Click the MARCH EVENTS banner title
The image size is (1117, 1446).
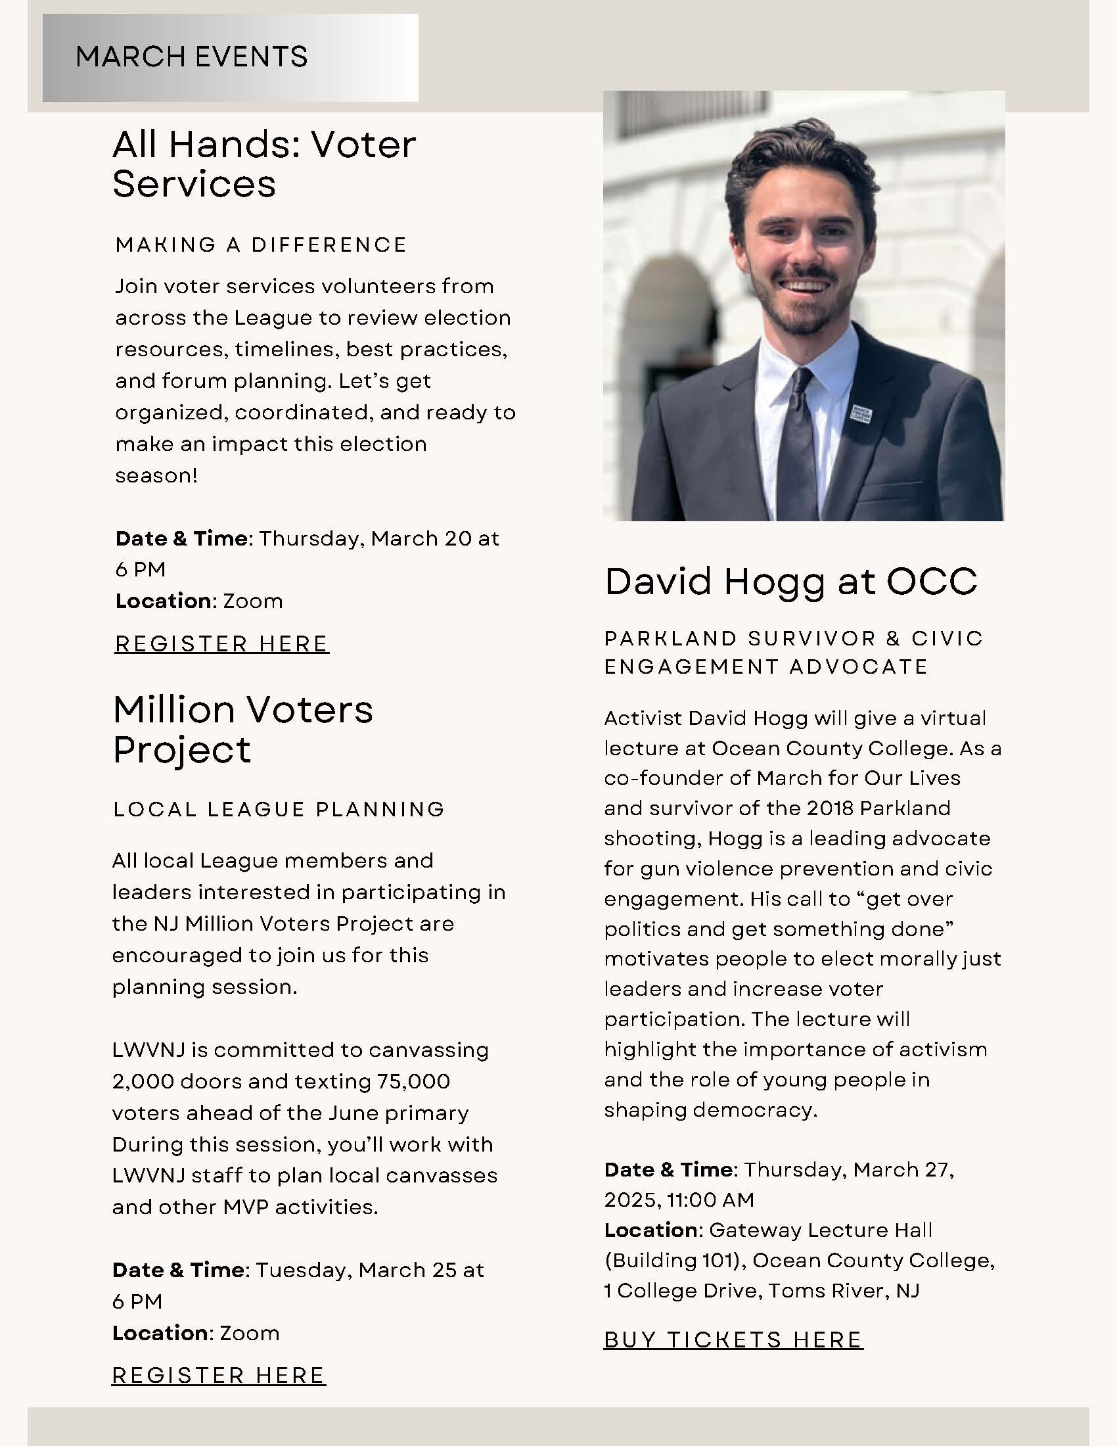(x=192, y=57)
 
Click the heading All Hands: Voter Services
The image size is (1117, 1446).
(x=264, y=164)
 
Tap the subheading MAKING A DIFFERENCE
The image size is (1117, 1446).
(x=261, y=245)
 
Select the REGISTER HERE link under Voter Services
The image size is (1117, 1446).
(x=221, y=643)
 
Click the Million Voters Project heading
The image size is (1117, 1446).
(x=243, y=730)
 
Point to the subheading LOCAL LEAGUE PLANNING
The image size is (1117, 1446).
(x=279, y=809)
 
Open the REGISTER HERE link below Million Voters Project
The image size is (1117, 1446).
(x=218, y=1375)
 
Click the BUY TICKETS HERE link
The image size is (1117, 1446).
(x=733, y=1340)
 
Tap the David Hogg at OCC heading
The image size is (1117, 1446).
(x=790, y=581)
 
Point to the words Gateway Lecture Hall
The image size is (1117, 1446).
(x=821, y=1230)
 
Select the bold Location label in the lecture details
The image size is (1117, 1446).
(x=650, y=1230)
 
